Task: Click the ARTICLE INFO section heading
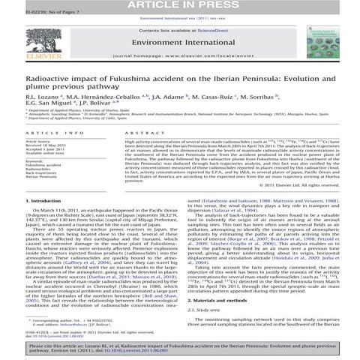(x=44, y=132)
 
